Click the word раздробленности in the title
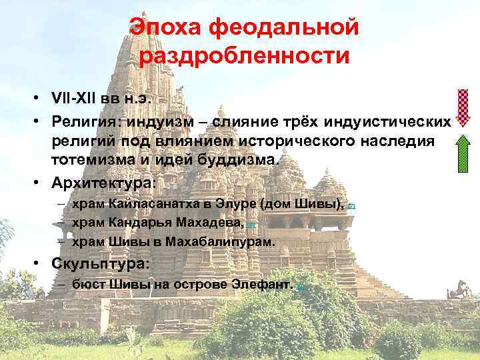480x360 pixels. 244,56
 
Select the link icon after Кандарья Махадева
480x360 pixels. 251,225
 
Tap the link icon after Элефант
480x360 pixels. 300,286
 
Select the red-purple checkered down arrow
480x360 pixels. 463,107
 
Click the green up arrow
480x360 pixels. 463,153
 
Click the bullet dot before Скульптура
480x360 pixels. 41,263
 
